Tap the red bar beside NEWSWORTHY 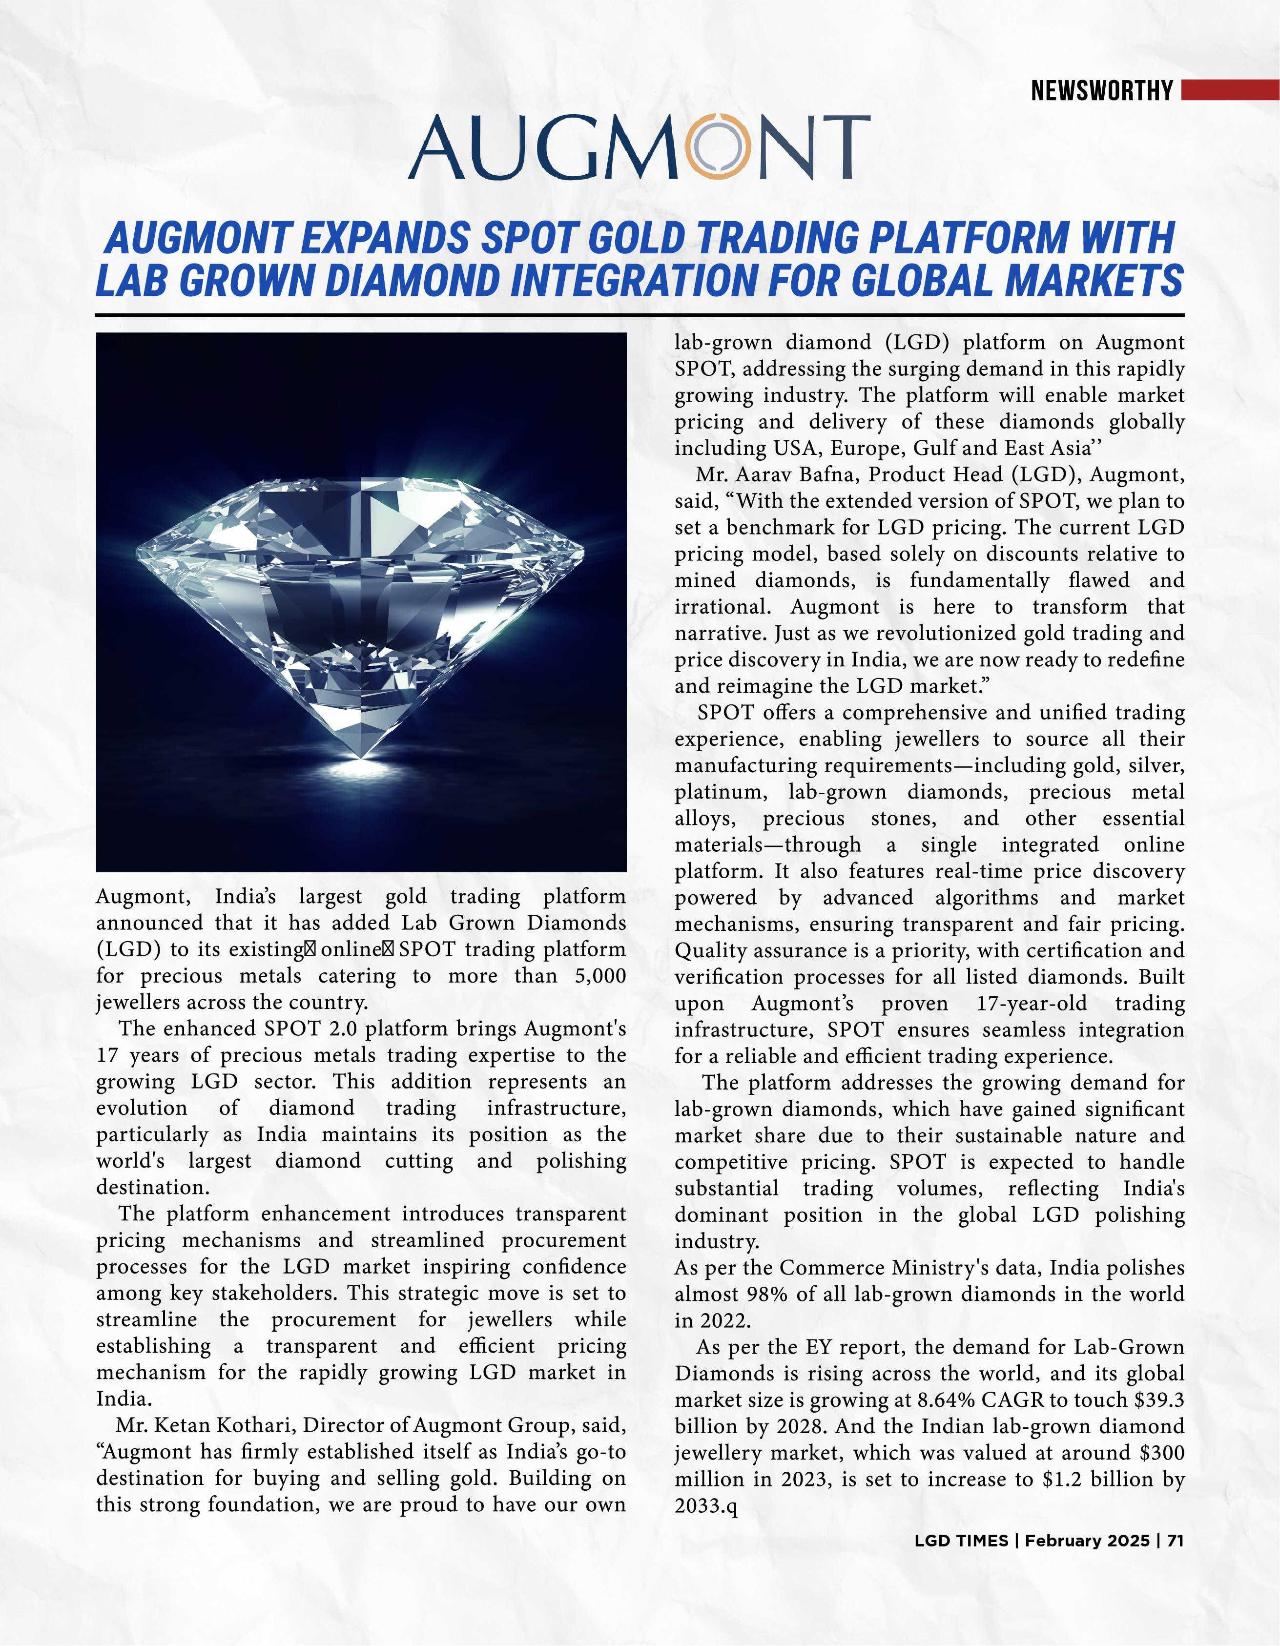tap(1230, 90)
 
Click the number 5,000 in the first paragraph tap(600, 976)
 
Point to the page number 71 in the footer tap(1175, 1541)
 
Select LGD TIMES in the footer tap(961, 1541)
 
